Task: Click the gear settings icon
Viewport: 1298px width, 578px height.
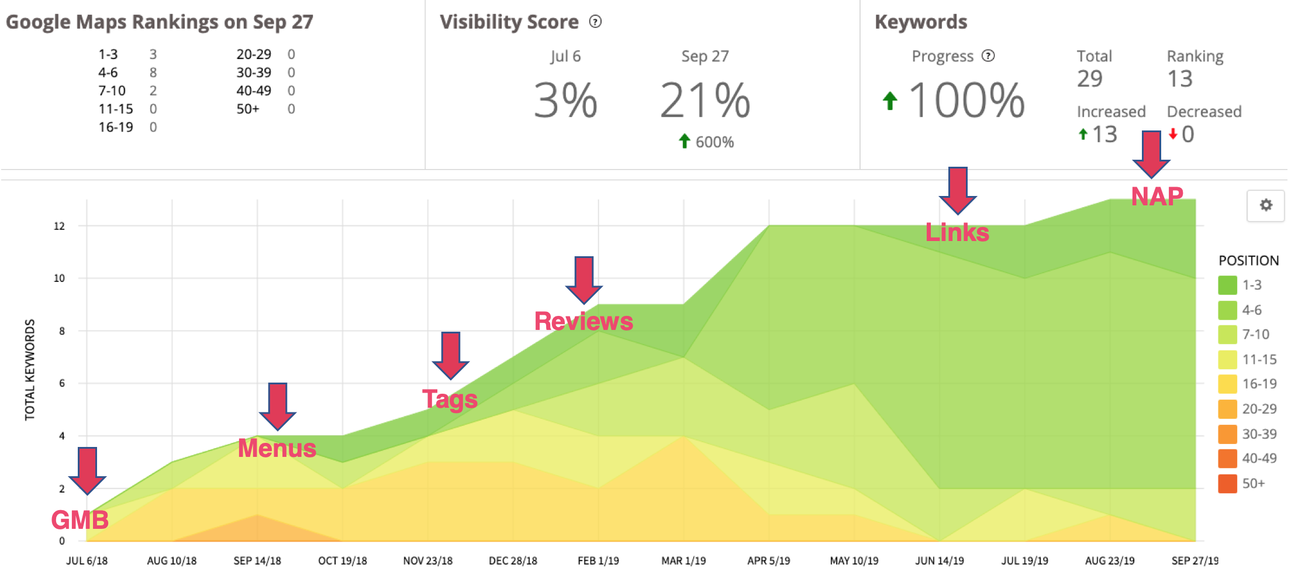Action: (x=1265, y=205)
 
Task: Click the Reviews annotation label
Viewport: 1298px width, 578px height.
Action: (x=584, y=321)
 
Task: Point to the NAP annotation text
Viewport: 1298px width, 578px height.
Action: (x=1157, y=196)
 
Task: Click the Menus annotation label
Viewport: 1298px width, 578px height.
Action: (x=277, y=448)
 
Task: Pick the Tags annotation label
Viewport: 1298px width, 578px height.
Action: (x=450, y=399)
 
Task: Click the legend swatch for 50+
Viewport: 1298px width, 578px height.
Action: (x=1227, y=484)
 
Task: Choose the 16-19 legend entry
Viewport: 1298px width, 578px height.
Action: (x=1259, y=384)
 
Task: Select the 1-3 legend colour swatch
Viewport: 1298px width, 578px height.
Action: (x=1227, y=285)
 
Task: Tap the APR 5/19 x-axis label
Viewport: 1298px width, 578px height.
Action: (x=768, y=560)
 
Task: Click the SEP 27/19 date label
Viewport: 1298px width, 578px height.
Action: (x=1195, y=560)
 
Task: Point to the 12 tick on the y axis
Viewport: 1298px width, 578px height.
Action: (x=59, y=226)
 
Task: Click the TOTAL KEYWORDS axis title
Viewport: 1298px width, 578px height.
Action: (x=30, y=370)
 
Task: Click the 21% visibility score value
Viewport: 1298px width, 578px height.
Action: (x=705, y=101)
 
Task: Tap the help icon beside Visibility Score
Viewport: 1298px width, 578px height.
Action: (x=595, y=22)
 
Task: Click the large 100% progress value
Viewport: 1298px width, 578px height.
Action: (x=966, y=101)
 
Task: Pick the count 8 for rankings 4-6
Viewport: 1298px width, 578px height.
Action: (x=153, y=73)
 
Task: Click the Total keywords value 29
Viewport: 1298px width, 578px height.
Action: (x=1089, y=79)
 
